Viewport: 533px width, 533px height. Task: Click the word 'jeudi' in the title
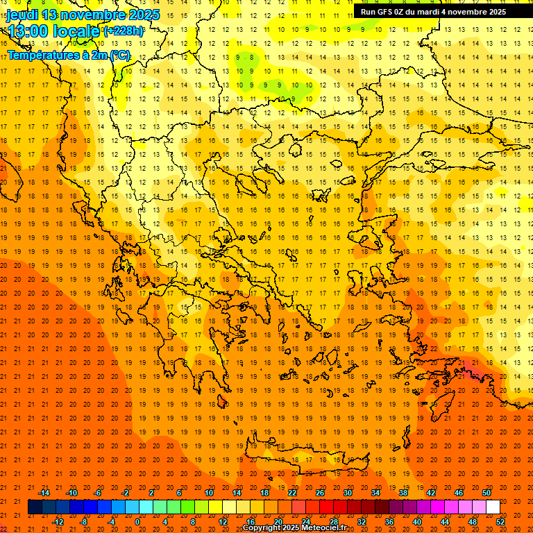[22, 15]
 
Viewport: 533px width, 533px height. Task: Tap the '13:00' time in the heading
[28, 31]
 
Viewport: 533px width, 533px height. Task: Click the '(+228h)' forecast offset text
[124, 31]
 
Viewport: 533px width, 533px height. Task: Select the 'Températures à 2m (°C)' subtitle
[69, 55]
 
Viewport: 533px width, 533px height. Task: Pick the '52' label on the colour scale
[501, 521]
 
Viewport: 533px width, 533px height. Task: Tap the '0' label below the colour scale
[137, 521]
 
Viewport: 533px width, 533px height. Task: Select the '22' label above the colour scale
[291, 493]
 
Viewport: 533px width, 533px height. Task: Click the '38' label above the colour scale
[403, 493]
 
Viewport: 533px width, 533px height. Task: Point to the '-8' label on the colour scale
[84, 521]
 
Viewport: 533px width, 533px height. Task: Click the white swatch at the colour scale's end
[493, 507]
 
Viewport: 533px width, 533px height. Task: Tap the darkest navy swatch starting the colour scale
[35, 507]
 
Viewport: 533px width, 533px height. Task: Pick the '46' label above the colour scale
[458, 493]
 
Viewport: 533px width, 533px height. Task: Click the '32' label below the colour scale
[362, 521]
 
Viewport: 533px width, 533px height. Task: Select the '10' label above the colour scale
[208, 493]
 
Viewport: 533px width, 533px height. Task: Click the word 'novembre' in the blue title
[95, 15]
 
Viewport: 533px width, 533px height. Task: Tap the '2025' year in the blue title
[144, 15]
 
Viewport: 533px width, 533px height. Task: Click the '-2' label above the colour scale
[125, 493]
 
